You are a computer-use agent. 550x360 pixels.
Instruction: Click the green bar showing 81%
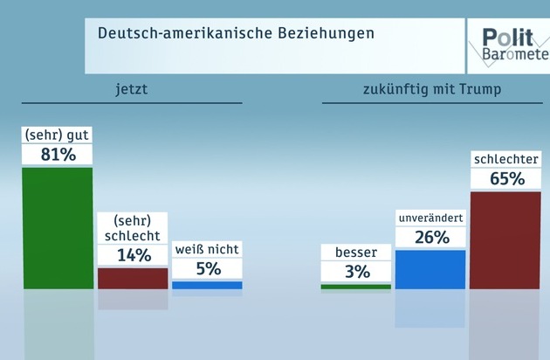click(x=57, y=227)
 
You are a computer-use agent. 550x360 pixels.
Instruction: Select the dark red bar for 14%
click(x=132, y=278)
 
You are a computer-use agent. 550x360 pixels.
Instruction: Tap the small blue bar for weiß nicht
click(x=207, y=285)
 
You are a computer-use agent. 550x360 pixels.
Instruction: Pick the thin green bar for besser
click(x=355, y=286)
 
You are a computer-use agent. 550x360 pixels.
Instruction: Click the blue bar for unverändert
click(x=430, y=269)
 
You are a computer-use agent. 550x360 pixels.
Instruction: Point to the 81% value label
click(x=58, y=156)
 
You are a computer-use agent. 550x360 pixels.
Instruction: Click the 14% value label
click(x=133, y=255)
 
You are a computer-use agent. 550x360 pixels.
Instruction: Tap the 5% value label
click(x=207, y=269)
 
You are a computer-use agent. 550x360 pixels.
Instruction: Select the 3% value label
click(x=356, y=272)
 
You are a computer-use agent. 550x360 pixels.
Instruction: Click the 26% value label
click(x=430, y=237)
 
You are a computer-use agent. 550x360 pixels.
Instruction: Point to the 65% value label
click(x=505, y=179)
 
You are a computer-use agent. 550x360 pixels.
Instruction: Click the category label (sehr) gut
click(x=58, y=135)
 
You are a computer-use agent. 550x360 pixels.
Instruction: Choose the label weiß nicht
click(x=207, y=249)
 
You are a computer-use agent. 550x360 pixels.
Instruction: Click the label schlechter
click(x=505, y=160)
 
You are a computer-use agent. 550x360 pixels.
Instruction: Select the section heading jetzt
click(x=131, y=89)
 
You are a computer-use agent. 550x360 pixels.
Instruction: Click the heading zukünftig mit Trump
click(x=431, y=89)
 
